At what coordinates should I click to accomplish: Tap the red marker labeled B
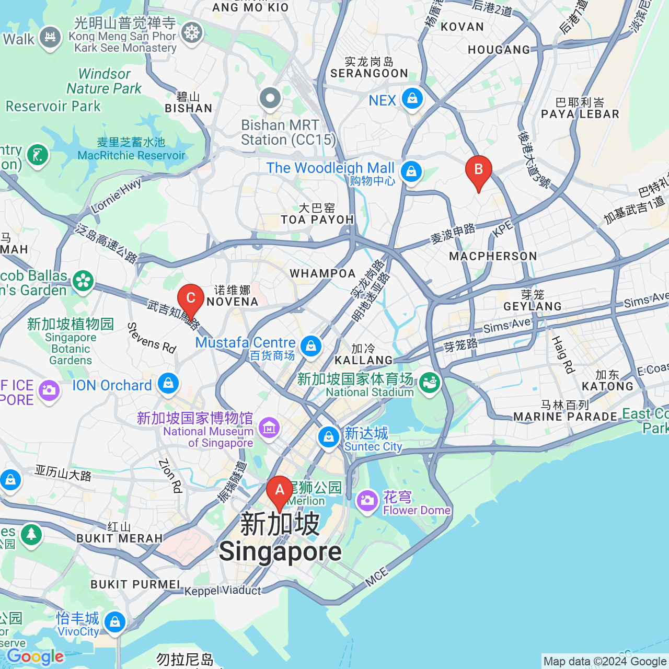pos(478,171)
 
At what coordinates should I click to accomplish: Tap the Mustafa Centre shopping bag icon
pos(311,346)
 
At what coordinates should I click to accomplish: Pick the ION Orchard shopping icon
pos(168,384)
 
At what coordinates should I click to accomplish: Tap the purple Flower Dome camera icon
pos(367,501)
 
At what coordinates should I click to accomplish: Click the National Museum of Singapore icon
pos(269,428)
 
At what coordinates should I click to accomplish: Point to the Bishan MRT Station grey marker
pos(270,98)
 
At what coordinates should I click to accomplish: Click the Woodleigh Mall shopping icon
pos(411,171)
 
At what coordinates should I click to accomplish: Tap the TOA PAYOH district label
pos(317,220)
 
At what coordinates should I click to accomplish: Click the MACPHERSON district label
pos(493,256)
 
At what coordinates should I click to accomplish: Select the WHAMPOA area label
pos(322,273)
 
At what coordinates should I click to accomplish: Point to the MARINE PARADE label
pos(565,417)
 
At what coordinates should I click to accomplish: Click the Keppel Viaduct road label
pos(223,591)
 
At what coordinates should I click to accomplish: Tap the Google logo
pos(35,656)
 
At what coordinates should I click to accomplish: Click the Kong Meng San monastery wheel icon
pos(192,33)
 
